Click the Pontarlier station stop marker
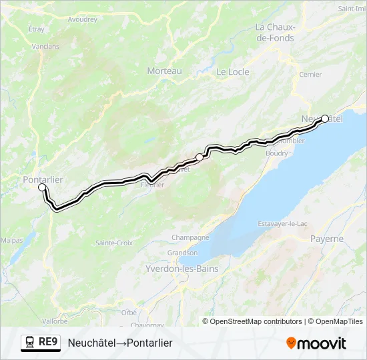pos(42,187)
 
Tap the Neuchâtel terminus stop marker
pos(325,119)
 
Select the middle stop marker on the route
pos(199,157)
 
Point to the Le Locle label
pos(233,72)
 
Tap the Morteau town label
pos(164,71)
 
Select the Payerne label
pos(327,239)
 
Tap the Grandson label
pos(182,253)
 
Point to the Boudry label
pos(276,153)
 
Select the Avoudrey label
pos(83,19)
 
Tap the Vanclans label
pos(45,47)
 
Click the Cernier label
pos(311,75)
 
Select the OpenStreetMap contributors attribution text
pos(256,321)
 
